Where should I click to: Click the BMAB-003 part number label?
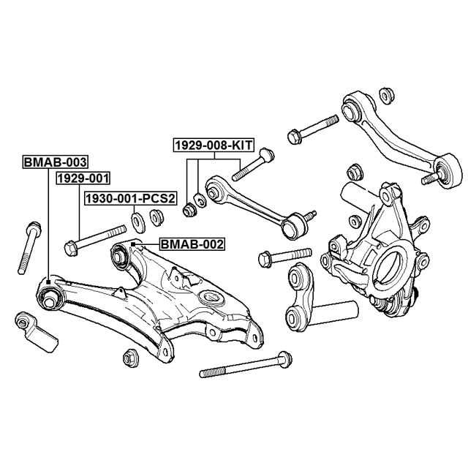55,162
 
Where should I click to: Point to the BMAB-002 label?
192,245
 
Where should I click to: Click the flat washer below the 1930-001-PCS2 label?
137,219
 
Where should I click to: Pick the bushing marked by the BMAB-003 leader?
50,297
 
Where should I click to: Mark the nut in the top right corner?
388,94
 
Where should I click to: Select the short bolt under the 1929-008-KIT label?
252,165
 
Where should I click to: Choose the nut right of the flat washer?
156,216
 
